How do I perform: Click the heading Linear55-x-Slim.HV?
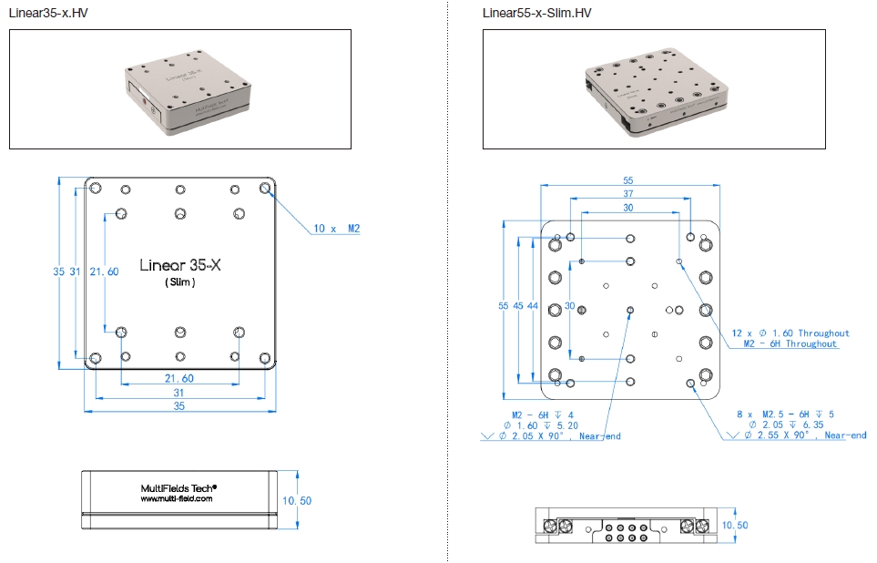[x=536, y=12]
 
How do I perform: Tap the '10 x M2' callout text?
[x=338, y=228]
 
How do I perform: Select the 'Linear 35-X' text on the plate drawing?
[x=181, y=265]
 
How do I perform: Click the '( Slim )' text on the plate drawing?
[x=180, y=283]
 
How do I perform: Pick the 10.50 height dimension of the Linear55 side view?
[x=734, y=526]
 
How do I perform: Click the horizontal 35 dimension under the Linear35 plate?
[x=180, y=405]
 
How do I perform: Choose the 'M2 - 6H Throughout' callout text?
[x=790, y=344]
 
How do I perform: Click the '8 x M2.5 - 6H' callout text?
[x=784, y=414]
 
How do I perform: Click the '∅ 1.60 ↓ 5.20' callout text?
[x=541, y=425]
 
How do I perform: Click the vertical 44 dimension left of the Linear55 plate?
[x=533, y=306]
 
